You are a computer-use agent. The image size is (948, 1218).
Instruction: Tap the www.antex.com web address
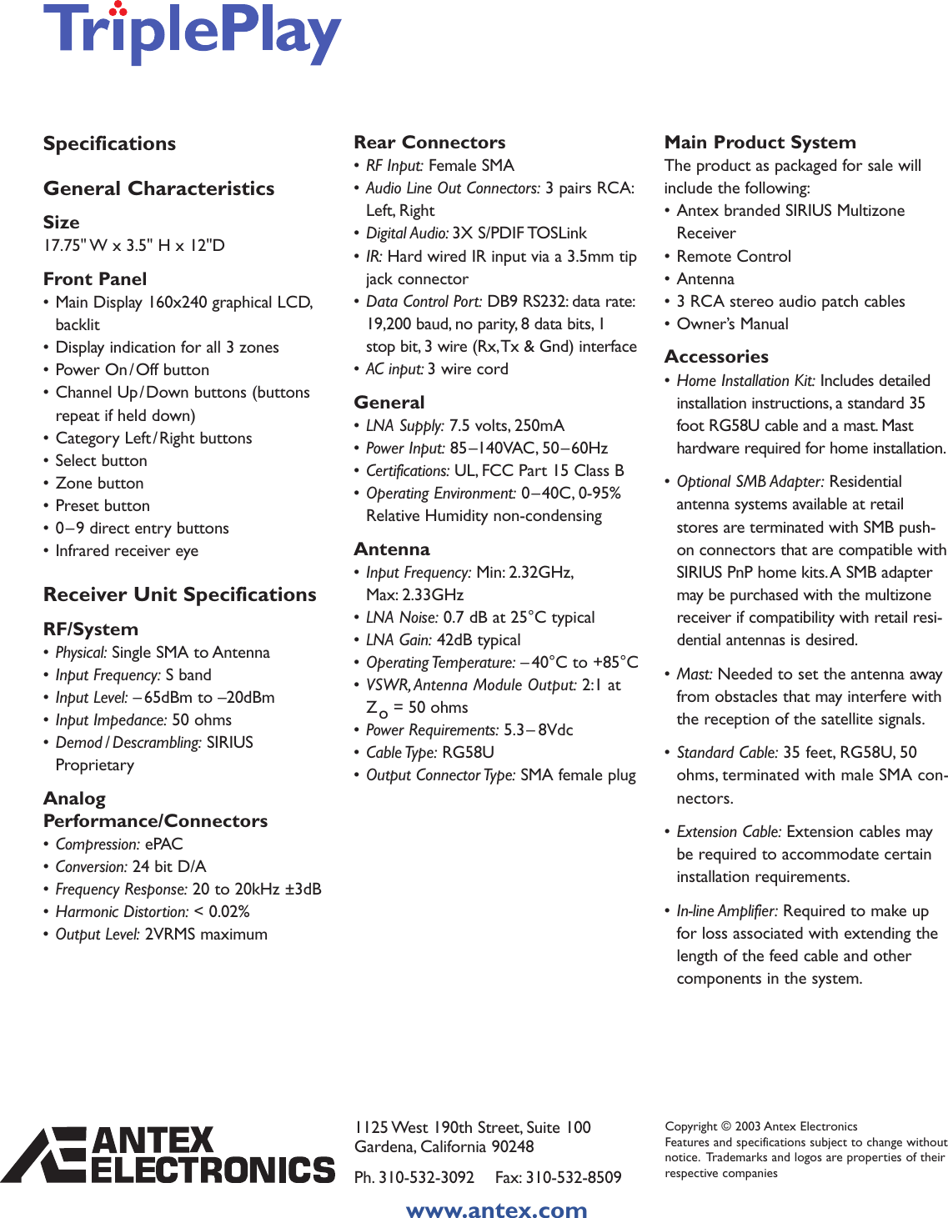(496, 1210)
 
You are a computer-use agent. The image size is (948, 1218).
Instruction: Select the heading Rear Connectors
(429, 143)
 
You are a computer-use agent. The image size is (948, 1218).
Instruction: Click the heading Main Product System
(760, 143)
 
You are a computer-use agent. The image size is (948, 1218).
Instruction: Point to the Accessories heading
(716, 357)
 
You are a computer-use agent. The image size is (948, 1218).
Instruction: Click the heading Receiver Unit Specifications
(179, 594)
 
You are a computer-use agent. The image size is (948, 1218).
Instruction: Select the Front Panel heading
(95, 279)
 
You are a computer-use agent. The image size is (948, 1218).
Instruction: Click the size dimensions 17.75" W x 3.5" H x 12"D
(134, 246)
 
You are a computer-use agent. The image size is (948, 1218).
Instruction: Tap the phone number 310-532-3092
(426, 1177)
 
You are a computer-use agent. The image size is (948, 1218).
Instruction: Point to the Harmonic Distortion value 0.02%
(229, 912)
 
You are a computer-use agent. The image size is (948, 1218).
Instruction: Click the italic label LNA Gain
(399, 640)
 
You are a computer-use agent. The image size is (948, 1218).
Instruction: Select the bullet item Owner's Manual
(732, 324)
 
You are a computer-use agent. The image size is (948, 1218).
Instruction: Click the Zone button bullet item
(99, 484)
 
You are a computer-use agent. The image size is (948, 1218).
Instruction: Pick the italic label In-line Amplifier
(727, 911)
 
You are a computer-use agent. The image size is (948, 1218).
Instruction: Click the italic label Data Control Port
(424, 302)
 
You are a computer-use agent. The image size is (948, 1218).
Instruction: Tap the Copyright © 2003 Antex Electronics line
(760, 1126)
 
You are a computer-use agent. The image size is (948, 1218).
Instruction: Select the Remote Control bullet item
(734, 257)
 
